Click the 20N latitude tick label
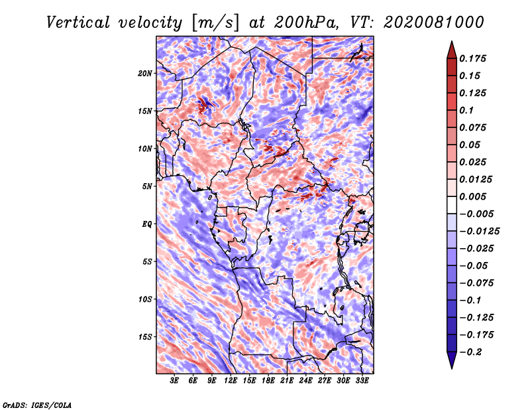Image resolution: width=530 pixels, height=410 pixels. (x=144, y=73)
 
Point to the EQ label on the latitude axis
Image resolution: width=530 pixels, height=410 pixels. (x=146, y=224)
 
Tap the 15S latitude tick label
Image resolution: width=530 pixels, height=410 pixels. (x=144, y=337)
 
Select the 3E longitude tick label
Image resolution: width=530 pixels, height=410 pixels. (x=174, y=380)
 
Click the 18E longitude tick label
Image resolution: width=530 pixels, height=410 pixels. (x=268, y=380)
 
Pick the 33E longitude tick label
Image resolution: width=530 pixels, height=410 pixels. (x=362, y=380)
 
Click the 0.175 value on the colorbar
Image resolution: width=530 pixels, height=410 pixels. (x=472, y=58)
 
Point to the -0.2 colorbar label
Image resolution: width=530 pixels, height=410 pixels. (x=470, y=352)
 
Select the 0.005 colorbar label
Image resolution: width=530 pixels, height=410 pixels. (x=472, y=196)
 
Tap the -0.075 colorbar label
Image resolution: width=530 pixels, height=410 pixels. (x=476, y=283)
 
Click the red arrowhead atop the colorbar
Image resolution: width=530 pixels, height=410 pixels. (x=452, y=50)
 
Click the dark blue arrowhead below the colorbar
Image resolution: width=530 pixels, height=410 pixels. (x=452, y=360)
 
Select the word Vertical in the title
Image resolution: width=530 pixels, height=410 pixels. (x=78, y=23)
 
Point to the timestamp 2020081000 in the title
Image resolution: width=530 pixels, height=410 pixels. (x=434, y=23)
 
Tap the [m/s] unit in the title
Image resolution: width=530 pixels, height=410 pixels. (x=215, y=23)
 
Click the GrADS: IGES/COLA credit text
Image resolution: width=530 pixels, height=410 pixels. (x=37, y=405)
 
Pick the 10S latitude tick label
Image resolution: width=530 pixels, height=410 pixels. (x=144, y=299)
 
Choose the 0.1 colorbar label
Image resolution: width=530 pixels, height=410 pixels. (x=466, y=110)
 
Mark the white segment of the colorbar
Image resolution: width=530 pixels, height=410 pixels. (x=452, y=205)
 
